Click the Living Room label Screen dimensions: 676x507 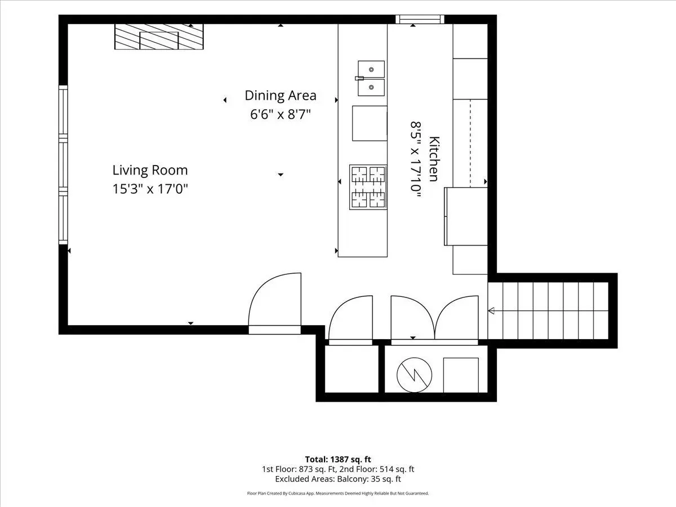click(150, 170)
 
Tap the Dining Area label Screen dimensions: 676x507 click(281, 95)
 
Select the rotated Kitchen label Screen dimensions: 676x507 click(434, 159)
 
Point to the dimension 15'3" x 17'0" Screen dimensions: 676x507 click(150, 189)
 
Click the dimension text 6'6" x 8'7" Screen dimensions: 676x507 click(281, 114)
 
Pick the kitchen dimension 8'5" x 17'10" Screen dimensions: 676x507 click(415, 159)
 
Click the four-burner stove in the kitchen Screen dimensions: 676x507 click(368, 187)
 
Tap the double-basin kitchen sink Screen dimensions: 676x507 click(371, 78)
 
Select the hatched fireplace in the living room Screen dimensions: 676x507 click(159, 37)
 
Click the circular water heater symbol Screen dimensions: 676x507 click(414, 375)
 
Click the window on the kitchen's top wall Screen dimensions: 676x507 click(420, 19)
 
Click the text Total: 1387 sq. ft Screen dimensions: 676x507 click(338, 459)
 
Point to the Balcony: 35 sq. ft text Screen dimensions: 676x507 click(369, 479)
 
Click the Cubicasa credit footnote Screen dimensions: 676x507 click(338, 493)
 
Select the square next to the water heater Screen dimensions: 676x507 click(461, 375)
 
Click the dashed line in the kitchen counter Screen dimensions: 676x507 click(470, 144)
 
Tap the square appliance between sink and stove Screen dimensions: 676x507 click(370, 123)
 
